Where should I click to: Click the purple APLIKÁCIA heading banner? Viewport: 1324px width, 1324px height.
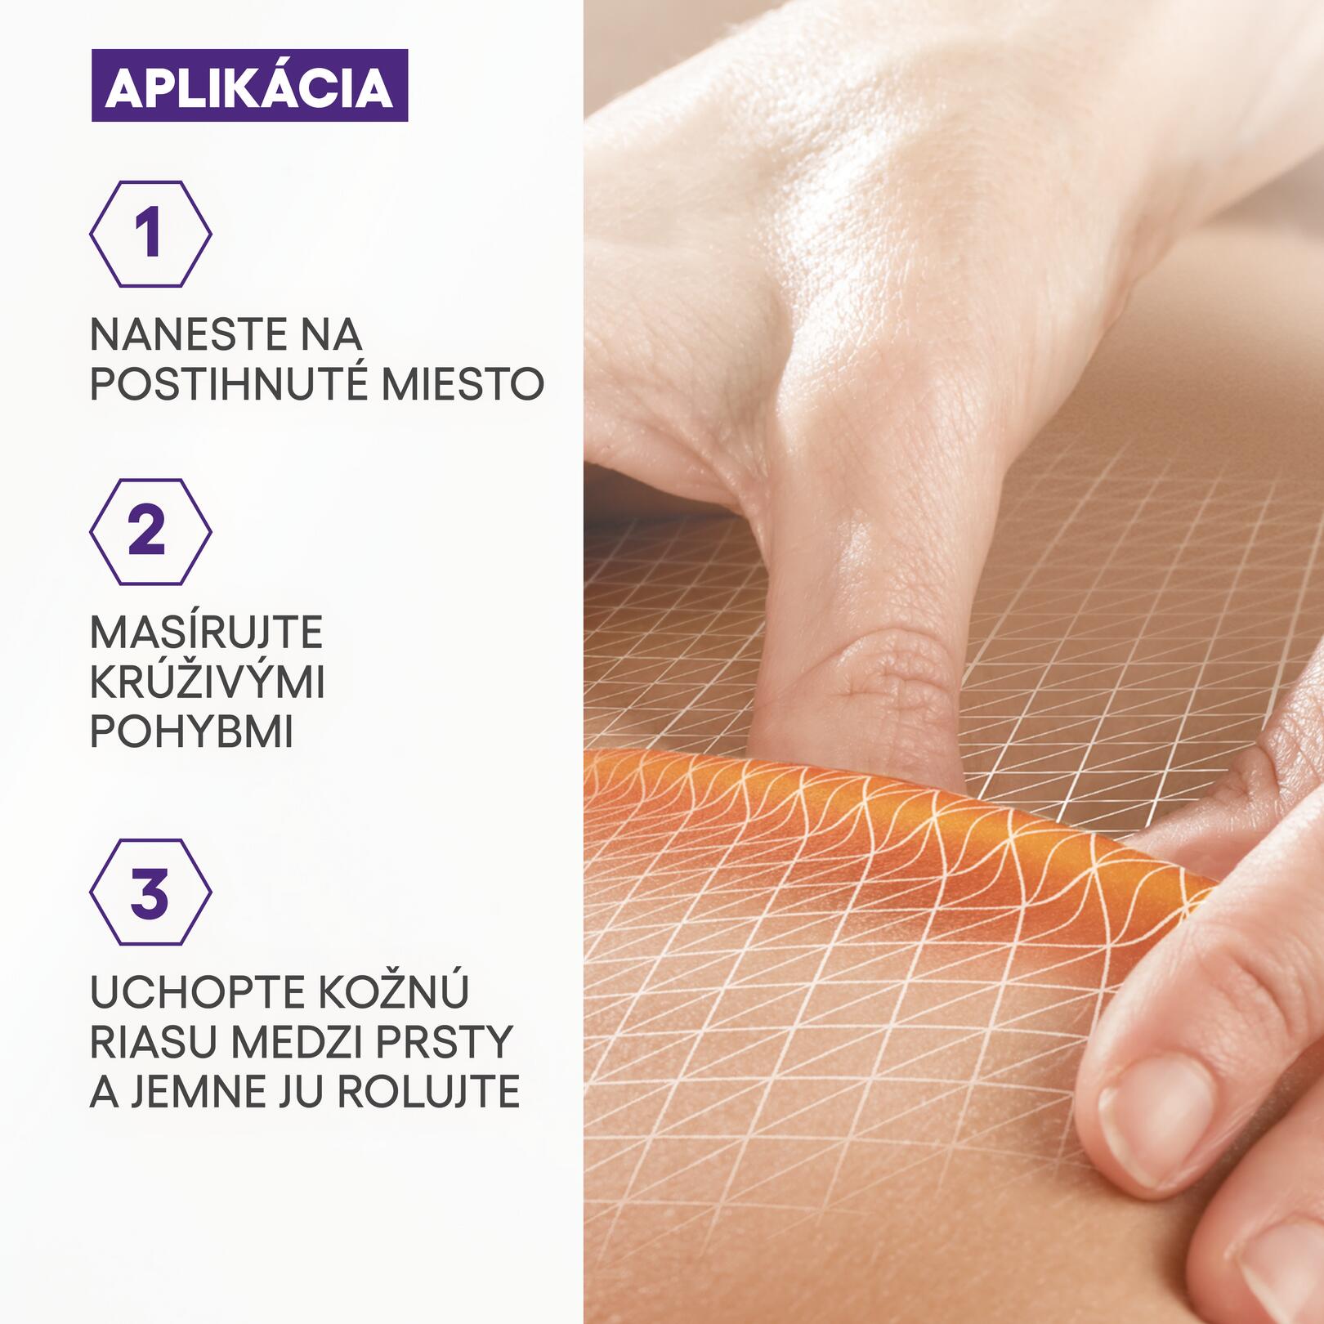249,86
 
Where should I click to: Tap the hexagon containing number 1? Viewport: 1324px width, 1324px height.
150,234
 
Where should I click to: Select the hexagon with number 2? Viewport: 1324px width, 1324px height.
150,532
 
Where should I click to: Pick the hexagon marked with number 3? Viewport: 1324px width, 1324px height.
150,892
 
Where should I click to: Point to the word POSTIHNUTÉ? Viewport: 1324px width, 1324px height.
228,384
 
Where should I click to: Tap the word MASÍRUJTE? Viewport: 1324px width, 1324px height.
206,632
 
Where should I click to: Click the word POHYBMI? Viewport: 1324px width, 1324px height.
191,732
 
